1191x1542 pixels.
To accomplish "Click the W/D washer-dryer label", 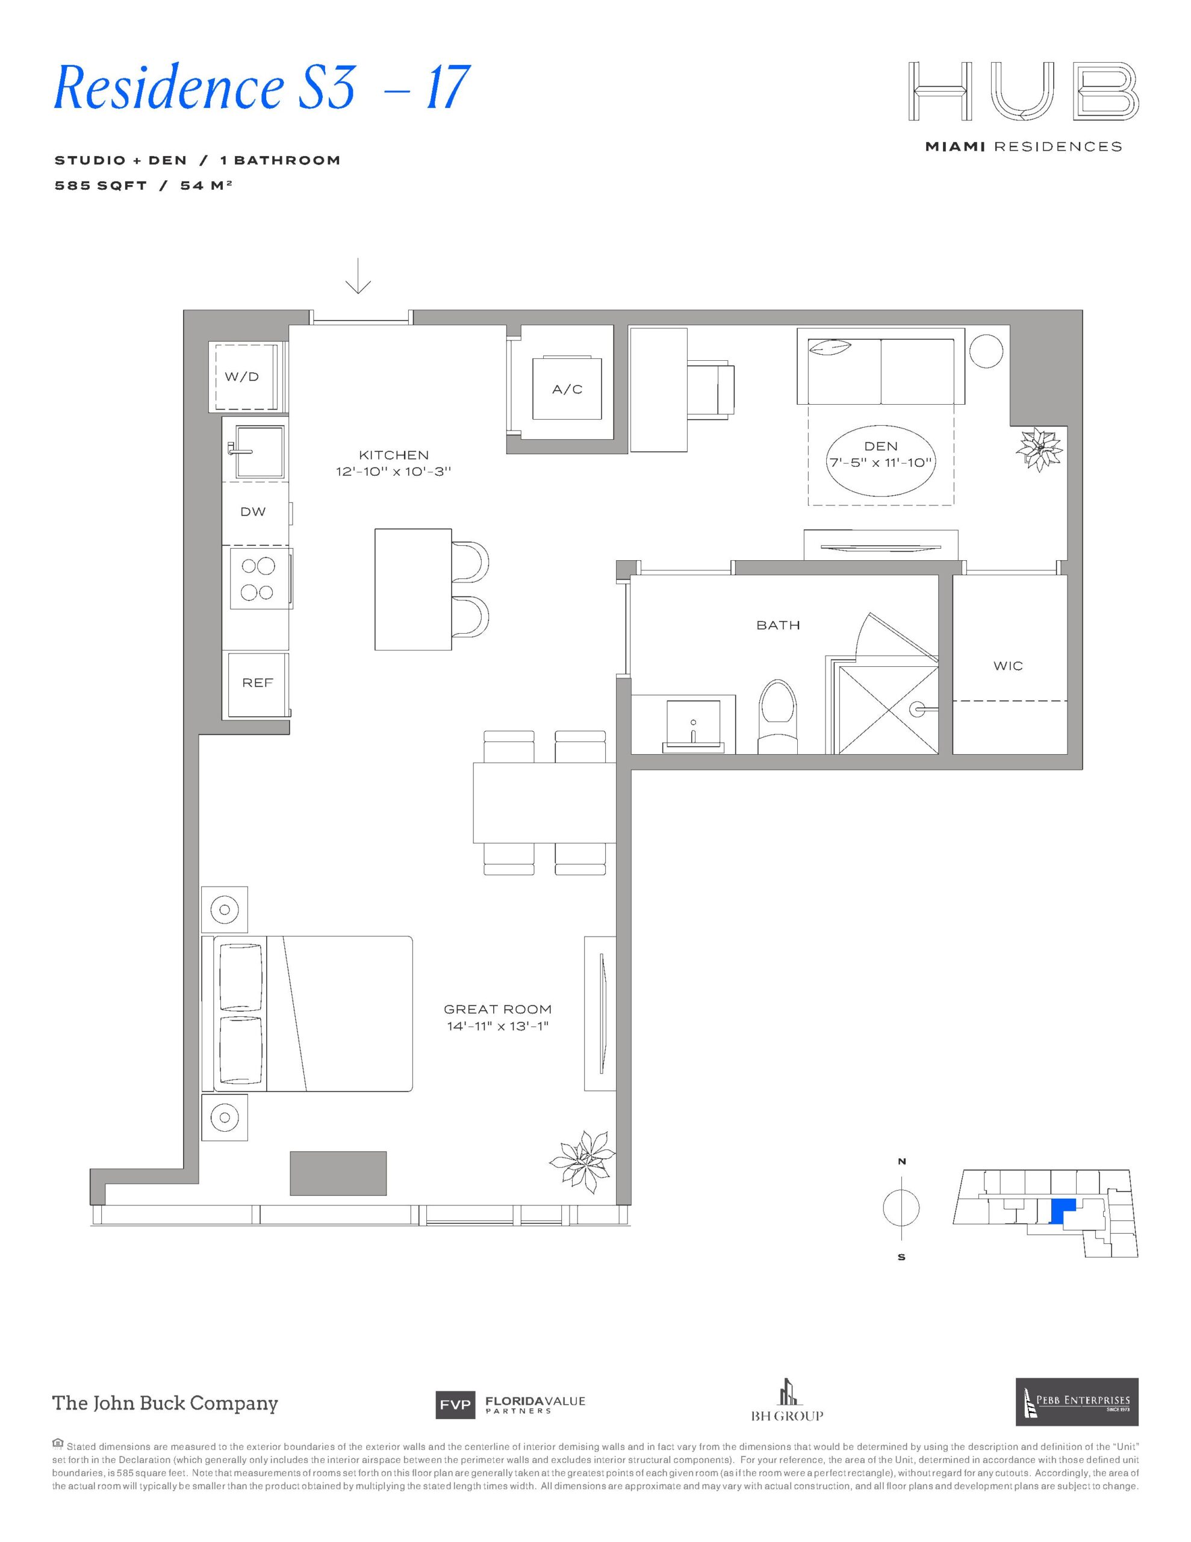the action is click(x=241, y=376).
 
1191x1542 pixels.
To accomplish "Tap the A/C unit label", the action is click(x=568, y=389).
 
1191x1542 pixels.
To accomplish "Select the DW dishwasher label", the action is click(x=253, y=512).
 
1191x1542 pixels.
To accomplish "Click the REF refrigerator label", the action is click(x=257, y=682).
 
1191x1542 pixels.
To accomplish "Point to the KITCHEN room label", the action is click(x=393, y=455).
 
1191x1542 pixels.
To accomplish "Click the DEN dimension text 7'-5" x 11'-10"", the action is click(x=881, y=463).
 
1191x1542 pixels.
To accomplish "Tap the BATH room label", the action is click(x=778, y=625).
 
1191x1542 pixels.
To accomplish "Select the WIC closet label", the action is click(x=1007, y=666).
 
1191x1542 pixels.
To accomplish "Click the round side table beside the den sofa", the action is click(x=986, y=350).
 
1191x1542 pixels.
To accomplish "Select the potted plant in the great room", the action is click(x=582, y=1162).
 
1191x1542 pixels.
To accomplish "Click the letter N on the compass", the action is click(x=901, y=1161).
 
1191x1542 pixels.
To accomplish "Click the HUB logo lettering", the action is click(x=1024, y=90).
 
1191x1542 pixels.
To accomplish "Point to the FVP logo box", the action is click(x=455, y=1406).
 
